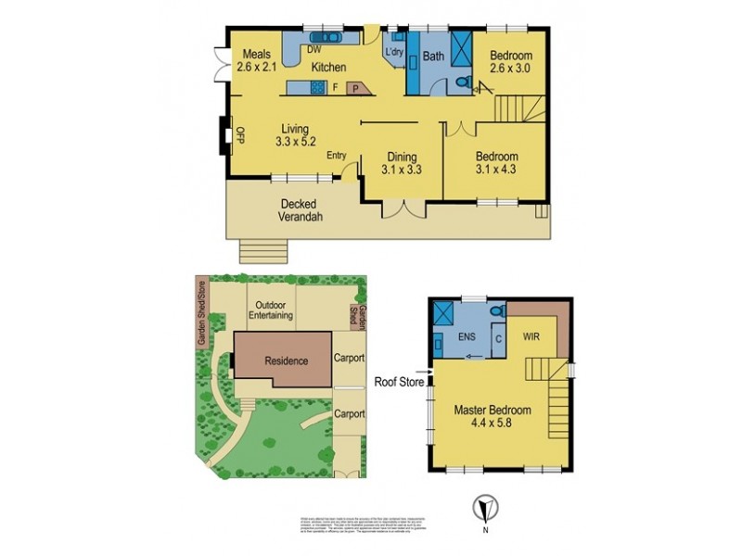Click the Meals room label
click(253, 54)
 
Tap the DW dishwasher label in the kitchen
click(313, 49)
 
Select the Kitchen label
click(328, 68)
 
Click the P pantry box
click(354, 89)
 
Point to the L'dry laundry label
click(394, 54)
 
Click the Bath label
click(433, 57)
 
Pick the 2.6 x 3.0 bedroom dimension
click(512, 68)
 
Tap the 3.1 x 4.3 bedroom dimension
click(496, 170)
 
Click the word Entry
click(336, 156)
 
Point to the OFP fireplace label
click(238, 135)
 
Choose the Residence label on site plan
click(286, 360)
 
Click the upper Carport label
click(349, 358)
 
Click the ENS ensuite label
click(467, 339)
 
